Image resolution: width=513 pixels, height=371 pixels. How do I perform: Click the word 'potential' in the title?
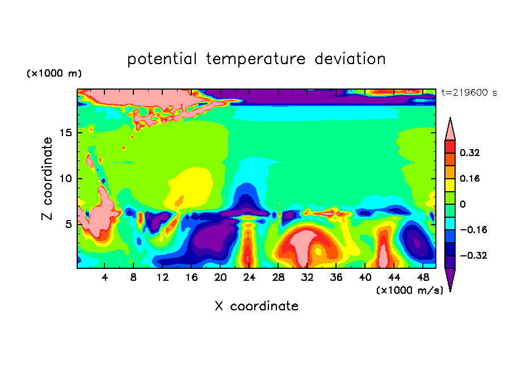[162, 59]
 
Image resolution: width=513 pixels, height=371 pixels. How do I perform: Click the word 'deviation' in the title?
[350, 59]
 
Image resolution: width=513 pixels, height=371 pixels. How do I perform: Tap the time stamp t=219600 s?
[469, 93]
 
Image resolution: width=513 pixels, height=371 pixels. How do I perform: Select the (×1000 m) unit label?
[54, 73]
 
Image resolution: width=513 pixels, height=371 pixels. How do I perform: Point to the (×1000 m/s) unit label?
[410, 290]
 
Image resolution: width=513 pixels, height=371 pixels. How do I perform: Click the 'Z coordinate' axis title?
[47, 179]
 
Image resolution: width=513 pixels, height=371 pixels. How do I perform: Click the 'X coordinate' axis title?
[256, 306]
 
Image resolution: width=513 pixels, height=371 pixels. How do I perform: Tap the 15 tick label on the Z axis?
[65, 133]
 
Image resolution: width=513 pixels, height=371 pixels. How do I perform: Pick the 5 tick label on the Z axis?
[68, 225]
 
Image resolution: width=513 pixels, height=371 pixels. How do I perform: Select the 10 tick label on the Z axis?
[65, 179]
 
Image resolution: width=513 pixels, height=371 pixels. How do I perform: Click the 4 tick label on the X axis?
[104, 278]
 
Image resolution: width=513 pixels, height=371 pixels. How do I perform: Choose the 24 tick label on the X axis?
[249, 278]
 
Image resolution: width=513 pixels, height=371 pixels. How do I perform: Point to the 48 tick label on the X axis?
[423, 278]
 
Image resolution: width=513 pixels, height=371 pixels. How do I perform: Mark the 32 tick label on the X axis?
[307, 278]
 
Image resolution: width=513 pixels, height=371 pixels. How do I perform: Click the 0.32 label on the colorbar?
[469, 153]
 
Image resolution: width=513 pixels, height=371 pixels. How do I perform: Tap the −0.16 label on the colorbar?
[473, 230]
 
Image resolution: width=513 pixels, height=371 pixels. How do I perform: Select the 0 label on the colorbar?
[462, 204]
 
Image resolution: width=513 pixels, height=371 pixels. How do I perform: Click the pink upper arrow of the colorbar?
[450, 129]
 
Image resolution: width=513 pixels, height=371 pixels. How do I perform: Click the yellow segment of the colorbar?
[450, 185]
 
